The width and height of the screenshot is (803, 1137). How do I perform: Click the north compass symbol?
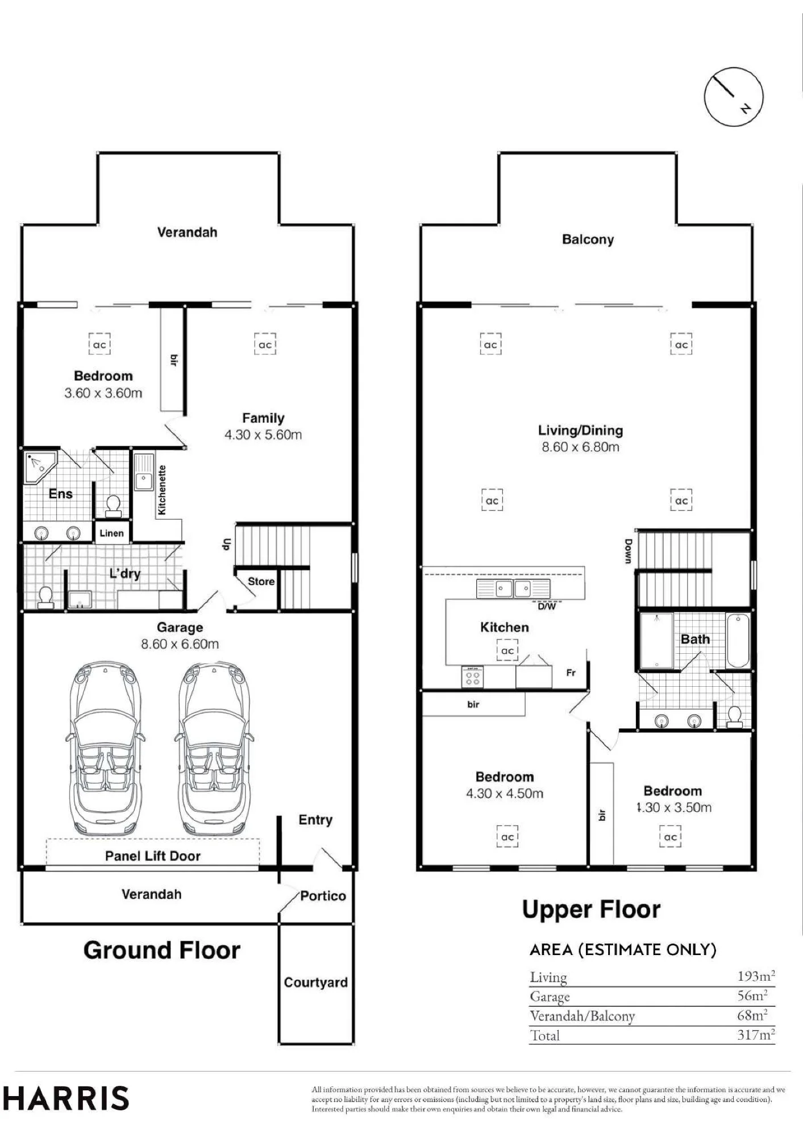pos(733,97)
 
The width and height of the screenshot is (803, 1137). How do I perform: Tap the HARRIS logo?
pos(66,1098)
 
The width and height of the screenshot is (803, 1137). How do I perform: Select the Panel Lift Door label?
pos(153,856)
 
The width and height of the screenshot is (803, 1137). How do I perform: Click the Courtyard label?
pos(315,982)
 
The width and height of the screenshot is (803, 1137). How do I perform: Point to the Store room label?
pos(261,582)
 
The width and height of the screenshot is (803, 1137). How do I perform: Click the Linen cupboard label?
pos(111,533)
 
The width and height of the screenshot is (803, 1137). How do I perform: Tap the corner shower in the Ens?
pos(40,467)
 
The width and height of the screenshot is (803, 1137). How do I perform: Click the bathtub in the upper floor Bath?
pos(738,640)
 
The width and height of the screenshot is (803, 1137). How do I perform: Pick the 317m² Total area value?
pos(756,1034)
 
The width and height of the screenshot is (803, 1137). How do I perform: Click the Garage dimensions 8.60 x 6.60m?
pos(180,644)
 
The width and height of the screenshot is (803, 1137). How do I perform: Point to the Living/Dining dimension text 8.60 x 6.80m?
pos(580,447)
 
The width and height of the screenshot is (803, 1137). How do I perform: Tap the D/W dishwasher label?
pos(547,607)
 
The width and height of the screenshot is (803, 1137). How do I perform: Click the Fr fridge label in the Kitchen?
pos(571,673)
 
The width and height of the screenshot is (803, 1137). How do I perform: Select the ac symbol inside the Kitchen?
pos(507,650)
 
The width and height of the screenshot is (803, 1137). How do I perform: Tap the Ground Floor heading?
pos(162,951)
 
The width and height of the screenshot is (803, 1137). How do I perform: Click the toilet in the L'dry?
pos(45,597)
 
